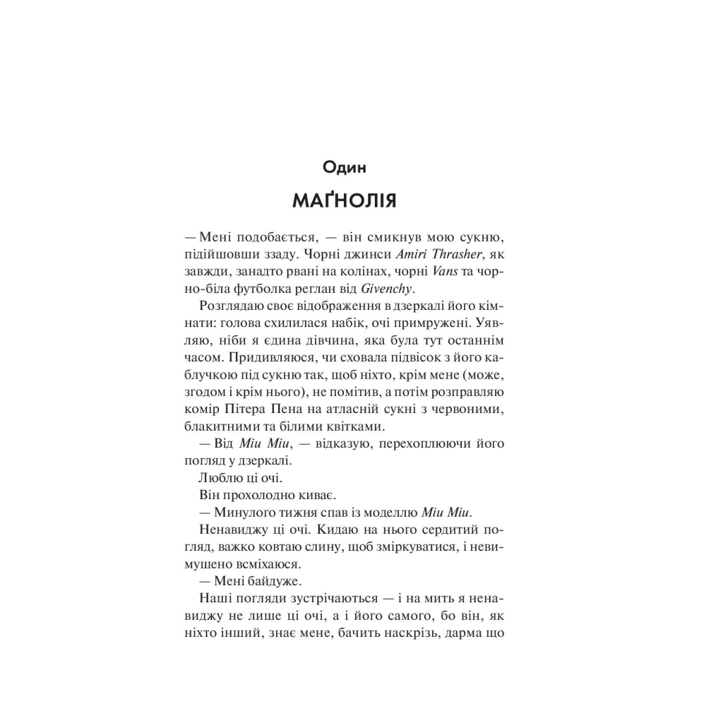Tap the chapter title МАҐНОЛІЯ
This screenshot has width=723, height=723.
click(345, 201)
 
